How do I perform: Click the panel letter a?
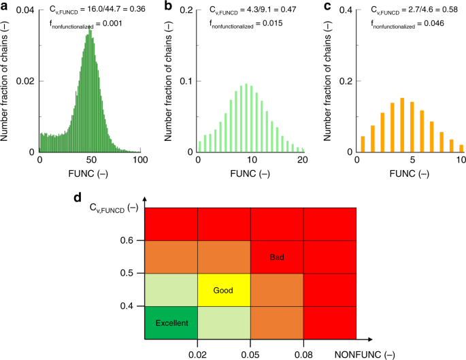(5, 5)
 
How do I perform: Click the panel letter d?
(80, 199)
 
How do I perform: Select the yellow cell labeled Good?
(224, 289)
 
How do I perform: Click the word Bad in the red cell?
(277, 256)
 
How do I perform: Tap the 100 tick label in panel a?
(141, 161)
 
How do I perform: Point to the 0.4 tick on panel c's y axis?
(345, 10)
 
